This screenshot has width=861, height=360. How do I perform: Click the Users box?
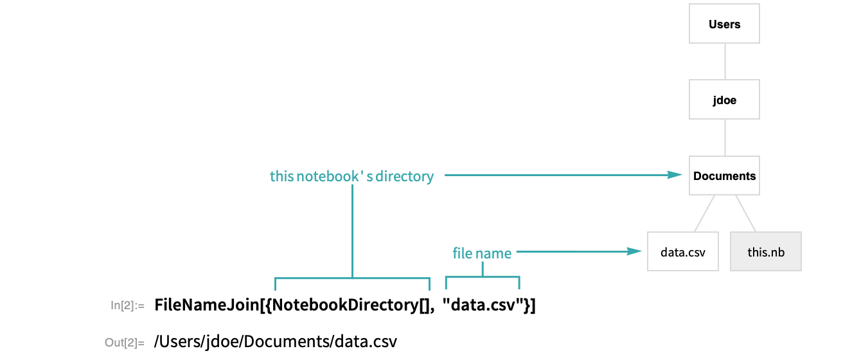coord(724,24)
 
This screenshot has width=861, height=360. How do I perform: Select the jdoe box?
coord(724,100)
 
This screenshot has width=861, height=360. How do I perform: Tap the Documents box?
coord(724,175)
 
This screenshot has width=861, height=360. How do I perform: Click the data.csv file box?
coord(683,252)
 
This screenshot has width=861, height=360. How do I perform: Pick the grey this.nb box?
coord(766,252)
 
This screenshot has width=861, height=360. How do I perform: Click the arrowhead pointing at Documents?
coord(675,175)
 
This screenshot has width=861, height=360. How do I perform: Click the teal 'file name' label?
coord(482,253)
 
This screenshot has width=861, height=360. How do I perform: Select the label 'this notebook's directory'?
coord(351,176)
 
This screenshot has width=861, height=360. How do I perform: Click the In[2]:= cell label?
coord(127,306)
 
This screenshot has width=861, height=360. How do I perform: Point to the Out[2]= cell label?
coord(125,343)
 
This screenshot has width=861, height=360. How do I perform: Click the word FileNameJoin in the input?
coord(206,305)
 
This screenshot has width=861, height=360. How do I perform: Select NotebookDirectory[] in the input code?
coord(353,305)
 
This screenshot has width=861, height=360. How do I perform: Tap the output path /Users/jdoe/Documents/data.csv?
coord(275,342)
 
